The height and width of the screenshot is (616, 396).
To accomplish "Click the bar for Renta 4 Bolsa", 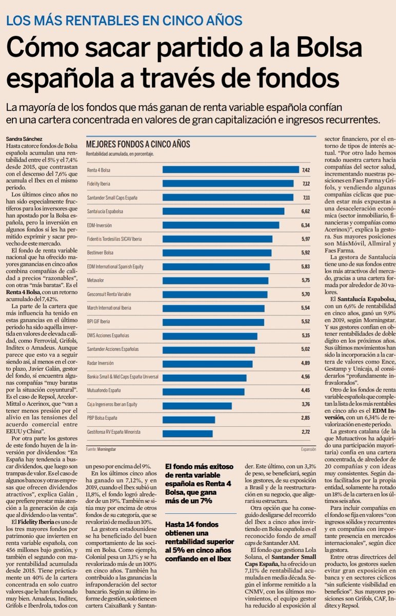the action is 230,170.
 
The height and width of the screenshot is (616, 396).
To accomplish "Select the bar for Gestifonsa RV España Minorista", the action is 187,434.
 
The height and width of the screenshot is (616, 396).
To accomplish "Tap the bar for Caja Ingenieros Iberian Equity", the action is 197,406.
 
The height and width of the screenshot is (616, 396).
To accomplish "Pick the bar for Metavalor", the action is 215,280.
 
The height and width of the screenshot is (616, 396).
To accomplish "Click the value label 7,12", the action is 306,184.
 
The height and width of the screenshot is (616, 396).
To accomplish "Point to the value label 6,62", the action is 305,211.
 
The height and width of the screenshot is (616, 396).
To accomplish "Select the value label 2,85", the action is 306,418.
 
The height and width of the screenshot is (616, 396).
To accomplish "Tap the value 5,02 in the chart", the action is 305,349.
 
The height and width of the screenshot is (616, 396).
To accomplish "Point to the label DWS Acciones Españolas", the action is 108,336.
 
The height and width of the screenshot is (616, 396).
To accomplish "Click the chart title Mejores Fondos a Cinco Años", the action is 138,144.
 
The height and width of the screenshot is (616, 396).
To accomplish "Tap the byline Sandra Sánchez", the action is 24,139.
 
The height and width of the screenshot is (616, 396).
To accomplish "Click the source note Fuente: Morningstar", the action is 101,449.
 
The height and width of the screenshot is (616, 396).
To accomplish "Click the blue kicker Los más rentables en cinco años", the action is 124,21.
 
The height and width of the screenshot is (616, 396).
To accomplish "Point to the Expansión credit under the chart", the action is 308,449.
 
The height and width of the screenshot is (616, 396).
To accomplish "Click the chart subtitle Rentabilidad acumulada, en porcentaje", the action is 120,155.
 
